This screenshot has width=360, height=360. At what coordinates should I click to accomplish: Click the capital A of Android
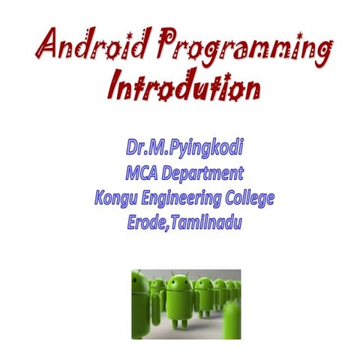(46, 48)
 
